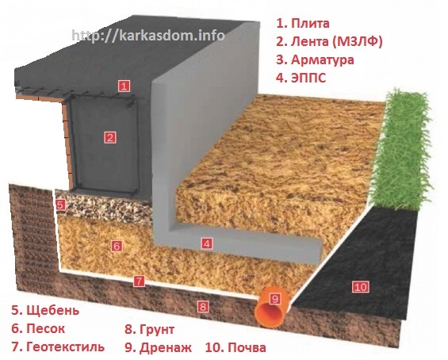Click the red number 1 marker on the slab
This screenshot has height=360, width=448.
click(124, 86)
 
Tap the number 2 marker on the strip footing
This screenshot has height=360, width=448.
click(110, 138)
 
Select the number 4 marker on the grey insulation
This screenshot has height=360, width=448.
click(207, 243)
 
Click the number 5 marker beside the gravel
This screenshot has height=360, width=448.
click(60, 205)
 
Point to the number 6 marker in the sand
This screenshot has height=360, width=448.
click(117, 246)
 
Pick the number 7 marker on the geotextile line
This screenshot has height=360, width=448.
click(139, 281)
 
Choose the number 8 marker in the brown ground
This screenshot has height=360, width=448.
click(203, 307)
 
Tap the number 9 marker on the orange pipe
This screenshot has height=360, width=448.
click(275, 299)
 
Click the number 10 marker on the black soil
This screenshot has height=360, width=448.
click(361, 286)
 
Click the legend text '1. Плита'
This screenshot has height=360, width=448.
click(303, 24)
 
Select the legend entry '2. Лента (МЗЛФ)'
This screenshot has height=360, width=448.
click(329, 42)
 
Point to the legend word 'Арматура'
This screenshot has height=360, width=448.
click(323, 60)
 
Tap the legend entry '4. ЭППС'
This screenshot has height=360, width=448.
click(301, 78)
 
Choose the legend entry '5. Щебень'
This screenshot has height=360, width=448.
click(45, 311)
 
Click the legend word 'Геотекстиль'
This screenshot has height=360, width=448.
click(66, 347)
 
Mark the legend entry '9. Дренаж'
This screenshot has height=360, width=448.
click(158, 348)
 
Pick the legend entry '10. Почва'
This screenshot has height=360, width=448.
click(235, 348)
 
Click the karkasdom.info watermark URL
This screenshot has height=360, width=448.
click(148, 36)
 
